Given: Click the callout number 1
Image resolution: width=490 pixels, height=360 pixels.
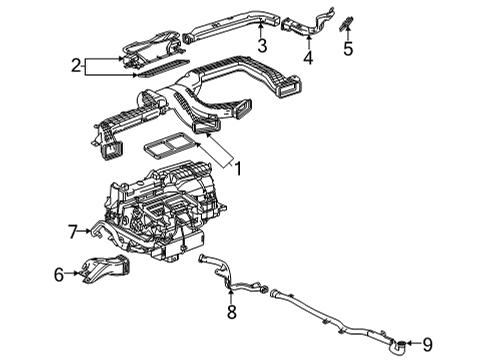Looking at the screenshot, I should pos(238,169).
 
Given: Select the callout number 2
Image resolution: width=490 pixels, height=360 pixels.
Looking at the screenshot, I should pos(74,66).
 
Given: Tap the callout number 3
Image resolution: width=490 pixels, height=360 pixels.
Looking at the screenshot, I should pos(261,47).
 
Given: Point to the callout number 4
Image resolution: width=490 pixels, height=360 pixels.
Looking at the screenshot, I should pos(308,57).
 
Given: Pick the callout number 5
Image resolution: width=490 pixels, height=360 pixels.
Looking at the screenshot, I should pos(348,47).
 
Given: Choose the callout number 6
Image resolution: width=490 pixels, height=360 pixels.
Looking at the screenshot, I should pos(59,273).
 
